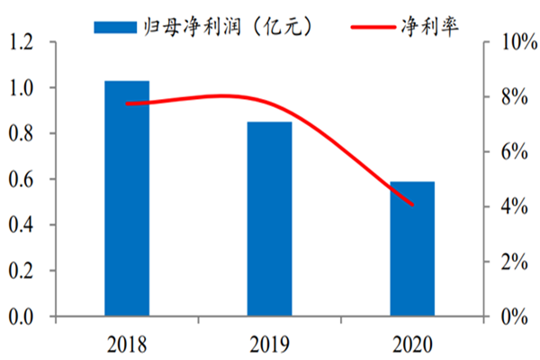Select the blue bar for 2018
tap(127, 198)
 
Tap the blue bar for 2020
tap(412, 248)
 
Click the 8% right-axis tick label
tap(509, 97)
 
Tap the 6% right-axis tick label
tap(509, 152)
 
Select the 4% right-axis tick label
tap(509, 207)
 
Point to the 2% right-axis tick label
tap(509, 262)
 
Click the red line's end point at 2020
tap(412, 205)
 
